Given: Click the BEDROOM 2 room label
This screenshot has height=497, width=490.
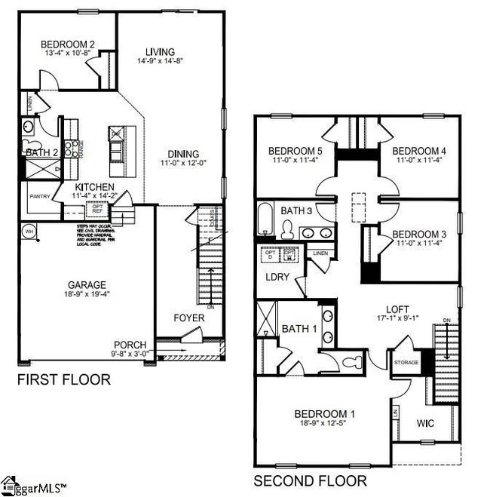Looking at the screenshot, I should point(67,44).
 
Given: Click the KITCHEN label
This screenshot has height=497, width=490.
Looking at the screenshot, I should point(94,187).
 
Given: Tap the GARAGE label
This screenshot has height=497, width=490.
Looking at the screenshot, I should point(85,286).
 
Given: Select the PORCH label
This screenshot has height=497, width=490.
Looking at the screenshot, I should point(130,343).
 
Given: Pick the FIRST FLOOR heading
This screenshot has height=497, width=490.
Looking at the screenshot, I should point(63,379).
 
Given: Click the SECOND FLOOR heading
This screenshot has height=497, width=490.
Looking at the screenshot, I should point(310,480).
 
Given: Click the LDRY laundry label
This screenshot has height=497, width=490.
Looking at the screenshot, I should point(275,276).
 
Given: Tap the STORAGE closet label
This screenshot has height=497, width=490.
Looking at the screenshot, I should point(406,363).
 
